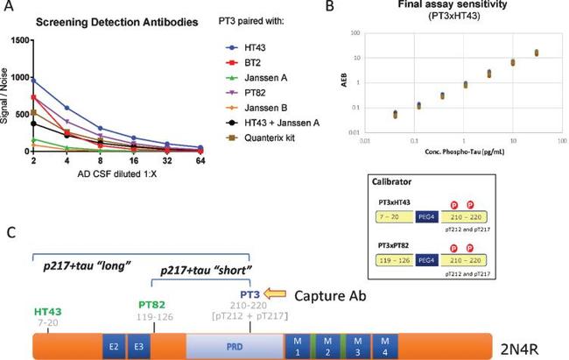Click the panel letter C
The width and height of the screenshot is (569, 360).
click(10, 233)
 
